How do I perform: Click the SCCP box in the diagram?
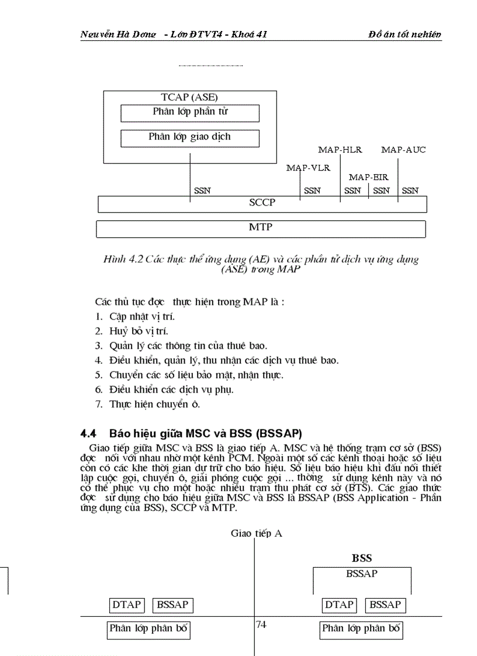pos(261,204)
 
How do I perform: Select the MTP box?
pos(261,228)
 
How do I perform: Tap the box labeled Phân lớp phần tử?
pos(189,112)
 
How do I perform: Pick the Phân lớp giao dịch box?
pos(189,137)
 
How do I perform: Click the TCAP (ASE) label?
pos(189,98)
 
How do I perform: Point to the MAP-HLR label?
pos(340,150)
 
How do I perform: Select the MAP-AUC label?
pos(403,150)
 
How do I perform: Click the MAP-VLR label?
pos(308,168)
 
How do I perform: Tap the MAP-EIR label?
pos(368,177)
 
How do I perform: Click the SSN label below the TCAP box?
pos(202,190)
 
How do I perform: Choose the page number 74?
pos(261,624)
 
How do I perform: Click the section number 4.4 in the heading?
pos(88,433)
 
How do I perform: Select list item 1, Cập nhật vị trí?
pos(136,317)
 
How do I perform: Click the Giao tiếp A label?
pos(257,533)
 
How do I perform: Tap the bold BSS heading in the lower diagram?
pos(362,558)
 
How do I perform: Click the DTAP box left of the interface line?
pos(126,605)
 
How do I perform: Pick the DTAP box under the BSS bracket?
pos(339,605)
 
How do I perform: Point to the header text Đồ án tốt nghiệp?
pos(405,34)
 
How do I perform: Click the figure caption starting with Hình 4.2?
pos(261,264)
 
